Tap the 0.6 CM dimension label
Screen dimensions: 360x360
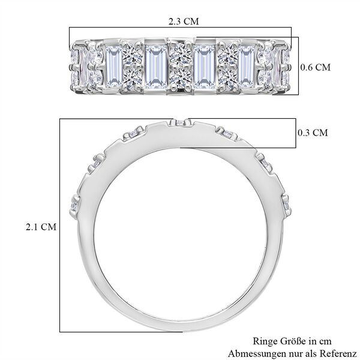coord(314,68)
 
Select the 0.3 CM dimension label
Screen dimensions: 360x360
coord(313,133)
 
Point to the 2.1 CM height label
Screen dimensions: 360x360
coord(41,227)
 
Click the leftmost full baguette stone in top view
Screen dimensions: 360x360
coord(113,66)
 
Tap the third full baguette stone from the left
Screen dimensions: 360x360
coord(205,67)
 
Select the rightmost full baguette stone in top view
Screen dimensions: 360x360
coord(247,66)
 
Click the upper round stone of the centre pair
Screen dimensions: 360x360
coord(179,57)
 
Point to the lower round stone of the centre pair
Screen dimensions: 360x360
coord(179,77)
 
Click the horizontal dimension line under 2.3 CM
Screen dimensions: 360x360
coord(180,28)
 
